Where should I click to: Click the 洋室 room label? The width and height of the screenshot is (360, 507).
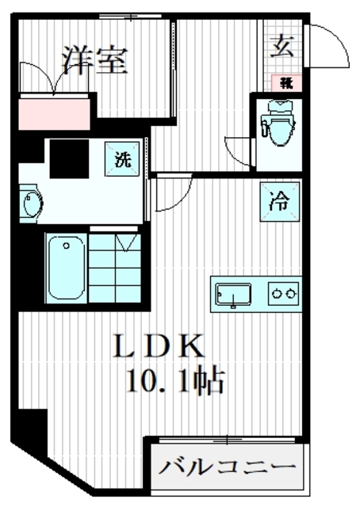pyautogui.click(x=94, y=61)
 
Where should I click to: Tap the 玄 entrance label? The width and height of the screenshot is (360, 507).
pyautogui.click(x=281, y=47)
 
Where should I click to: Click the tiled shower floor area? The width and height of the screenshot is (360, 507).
pyautogui.click(x=116, y=268)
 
